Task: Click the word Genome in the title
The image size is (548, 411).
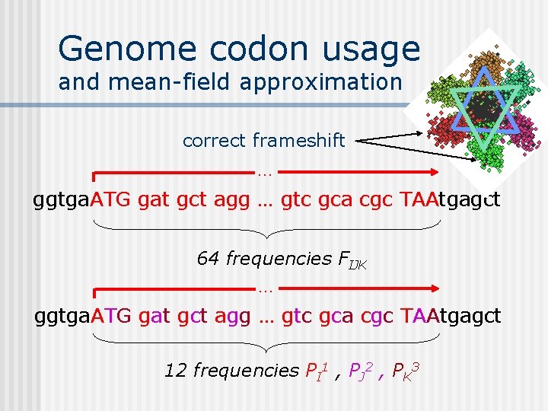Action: point(116,49)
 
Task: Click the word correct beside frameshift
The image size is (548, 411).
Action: point(215,141)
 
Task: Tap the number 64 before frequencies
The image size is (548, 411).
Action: point(208,259)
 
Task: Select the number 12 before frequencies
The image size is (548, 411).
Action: point(176,371)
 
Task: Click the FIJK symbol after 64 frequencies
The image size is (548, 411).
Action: point(353,260)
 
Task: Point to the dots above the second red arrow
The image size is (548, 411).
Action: point(265,290)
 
